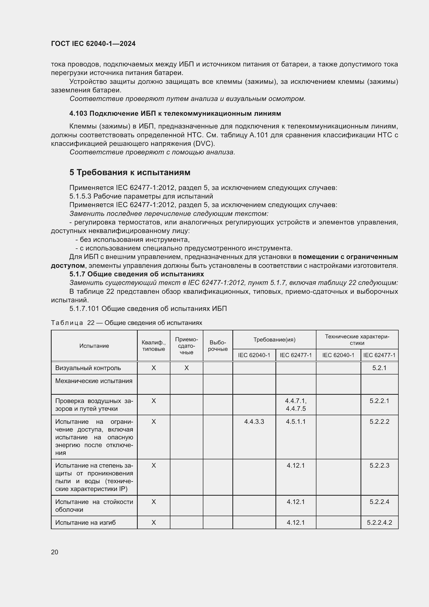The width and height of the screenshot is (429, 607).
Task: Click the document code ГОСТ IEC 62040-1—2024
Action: (93, 44)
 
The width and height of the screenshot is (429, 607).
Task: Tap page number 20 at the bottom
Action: (55, 552)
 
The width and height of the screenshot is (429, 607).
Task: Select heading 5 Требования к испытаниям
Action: (130, 172)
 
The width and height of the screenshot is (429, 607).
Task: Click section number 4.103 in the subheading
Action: (78, 113)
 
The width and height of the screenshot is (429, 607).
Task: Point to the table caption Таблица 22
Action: (72, 323)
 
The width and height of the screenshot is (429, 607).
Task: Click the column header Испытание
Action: (94, 346)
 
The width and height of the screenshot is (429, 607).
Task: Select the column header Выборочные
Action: (218, 346)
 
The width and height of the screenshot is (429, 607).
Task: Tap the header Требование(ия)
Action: (274, 340)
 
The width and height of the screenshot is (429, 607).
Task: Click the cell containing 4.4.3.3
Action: (254, 421)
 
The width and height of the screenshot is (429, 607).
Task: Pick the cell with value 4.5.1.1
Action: (296, 421)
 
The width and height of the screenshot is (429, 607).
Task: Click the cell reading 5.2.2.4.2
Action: (379, 522)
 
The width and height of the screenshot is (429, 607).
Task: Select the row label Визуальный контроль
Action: (88, 368)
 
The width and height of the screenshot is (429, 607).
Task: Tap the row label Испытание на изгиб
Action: (85, 522)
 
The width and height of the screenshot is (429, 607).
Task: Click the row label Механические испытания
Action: (94, 381)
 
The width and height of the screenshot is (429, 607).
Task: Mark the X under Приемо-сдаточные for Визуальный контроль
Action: (186, 368)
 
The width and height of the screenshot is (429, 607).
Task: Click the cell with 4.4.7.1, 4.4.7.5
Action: (296, 405)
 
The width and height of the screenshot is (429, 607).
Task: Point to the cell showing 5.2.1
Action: (379, 368)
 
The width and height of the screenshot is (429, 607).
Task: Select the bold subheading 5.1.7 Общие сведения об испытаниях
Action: (137, 274)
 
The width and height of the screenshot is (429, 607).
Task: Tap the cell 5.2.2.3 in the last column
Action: (379, 465)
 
